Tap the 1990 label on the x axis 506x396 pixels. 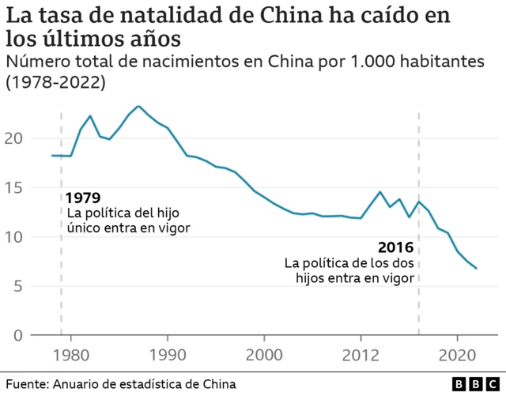click(x=168, y=353)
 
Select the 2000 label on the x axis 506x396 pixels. click(x=264, y=353)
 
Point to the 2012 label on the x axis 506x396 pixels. click(x=361, y=353)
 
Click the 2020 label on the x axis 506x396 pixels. click(x=458, y=353)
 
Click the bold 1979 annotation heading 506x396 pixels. click(x=83, y=198)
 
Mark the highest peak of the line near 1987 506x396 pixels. click(x=138, y=106)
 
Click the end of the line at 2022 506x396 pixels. click(x=477, y=269)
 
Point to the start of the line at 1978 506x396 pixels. click(x=52, y=156)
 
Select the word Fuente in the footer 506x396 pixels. click(x=23, y=383)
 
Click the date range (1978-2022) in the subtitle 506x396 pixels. click(x=55, y=81)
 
